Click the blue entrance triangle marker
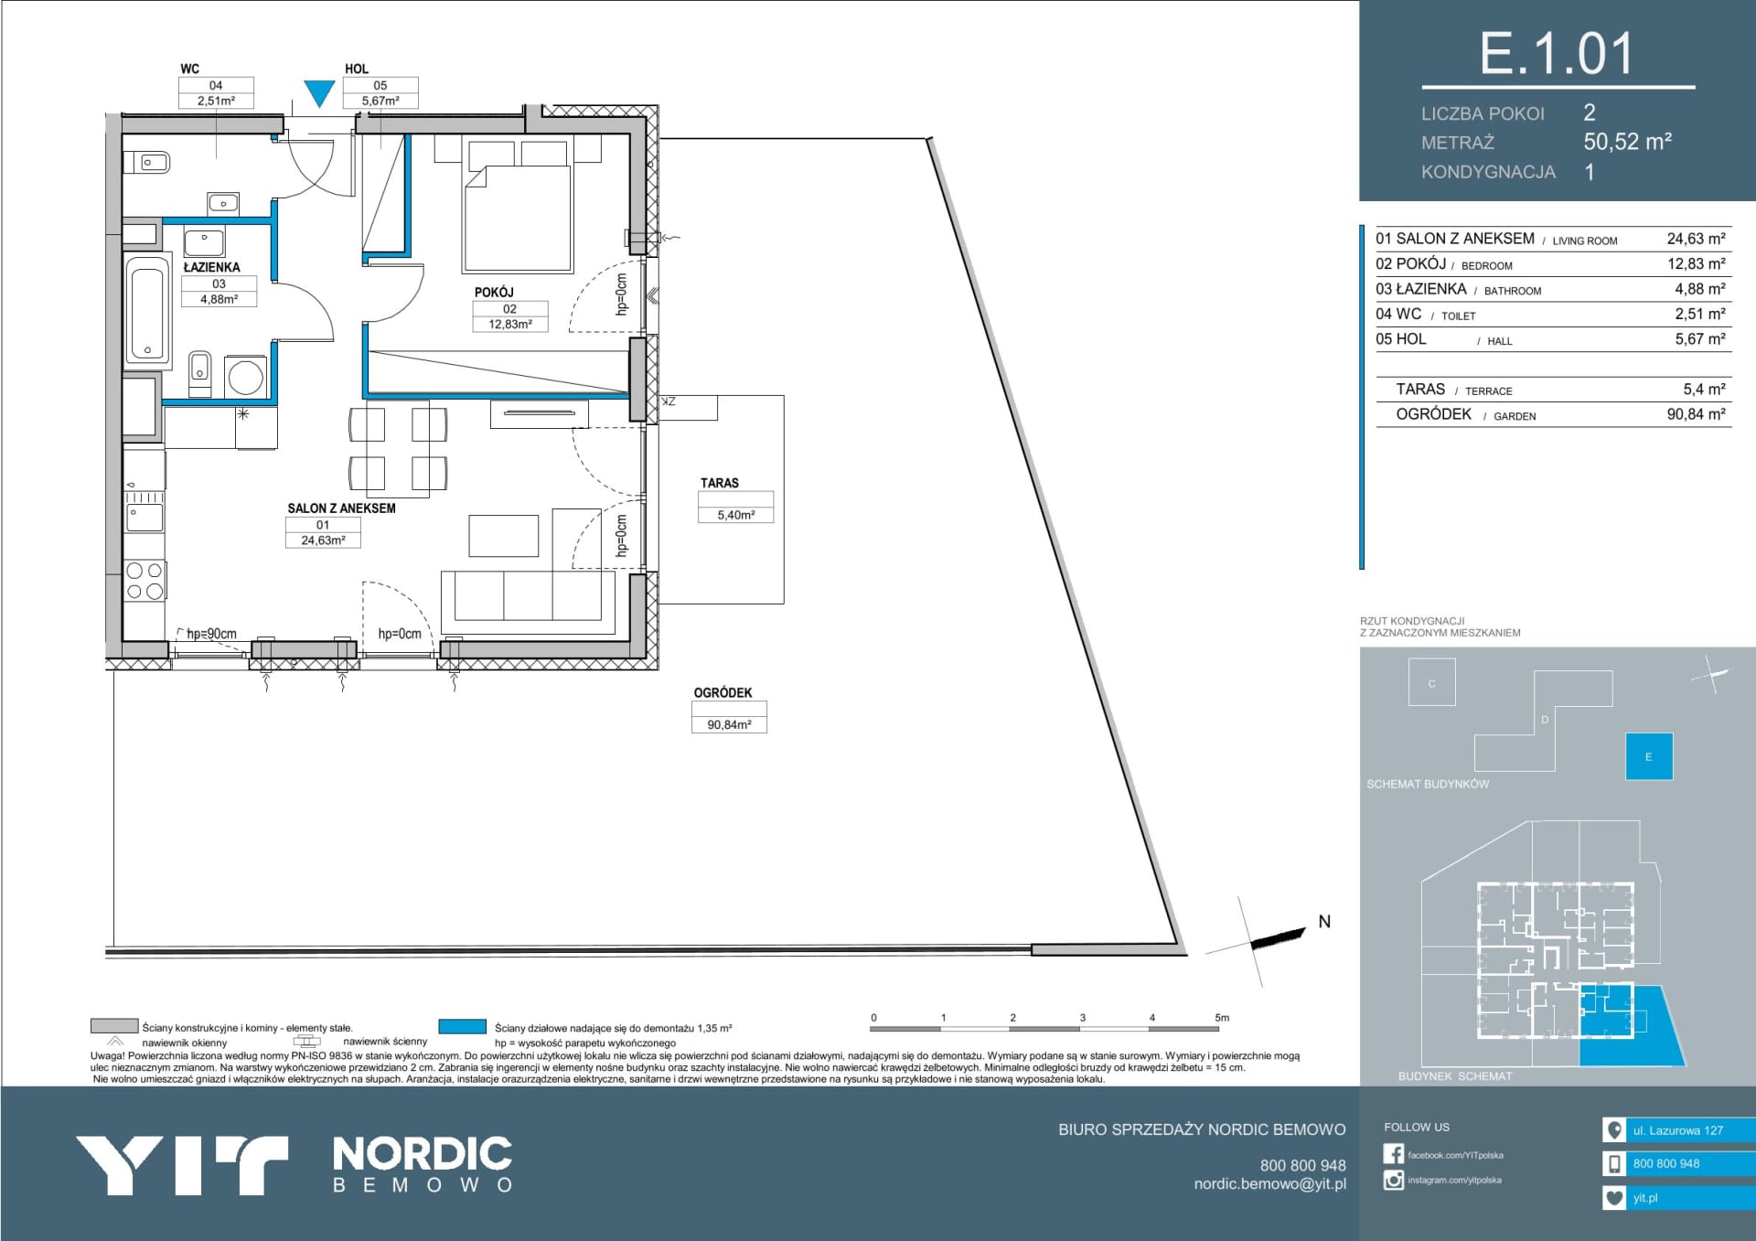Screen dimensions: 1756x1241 pyautogui.click(x=319, y=92)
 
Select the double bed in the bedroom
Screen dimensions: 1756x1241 pyautogui.click(x=518, y=206)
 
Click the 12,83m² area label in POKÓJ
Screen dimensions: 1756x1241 pyautogui.click(x=510, y=324)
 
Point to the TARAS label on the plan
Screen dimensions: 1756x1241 pyautogui.click(x=720, y=483)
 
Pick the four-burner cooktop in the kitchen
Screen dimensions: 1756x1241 pyautogui.click(x=145, y=581)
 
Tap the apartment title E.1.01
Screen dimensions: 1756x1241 pyautogui.click(x=1557, y=54)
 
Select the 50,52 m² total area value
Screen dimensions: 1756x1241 pyautogui.click(x=1628, y=142)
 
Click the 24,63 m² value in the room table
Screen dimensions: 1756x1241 pyautogui.click(x=1696, y=239)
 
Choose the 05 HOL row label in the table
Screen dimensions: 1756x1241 pyautogui.click(x=1401, y=339)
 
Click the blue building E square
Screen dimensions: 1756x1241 pyautogui.click(x=1649, y=756)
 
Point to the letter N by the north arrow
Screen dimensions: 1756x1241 pyautogui.click(x=1324, y=922)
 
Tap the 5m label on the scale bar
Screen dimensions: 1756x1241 pyautogui.click(x=1222, y=1018)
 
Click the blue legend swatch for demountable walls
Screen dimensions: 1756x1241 pyautogui.click(x=462, y=1027)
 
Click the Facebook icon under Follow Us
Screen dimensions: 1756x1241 pyautogui.click(x=1394, y=1154)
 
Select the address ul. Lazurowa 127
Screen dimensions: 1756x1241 pyautogui.click(x=1678, y=1130)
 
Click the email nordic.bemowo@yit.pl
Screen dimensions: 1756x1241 pyautogui.click(x=1269, y=1184)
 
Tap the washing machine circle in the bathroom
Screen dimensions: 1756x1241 pyautogui.click(x=245, y=377)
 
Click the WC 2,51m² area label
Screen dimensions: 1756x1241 pyautogui.click(x=216, y=101)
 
